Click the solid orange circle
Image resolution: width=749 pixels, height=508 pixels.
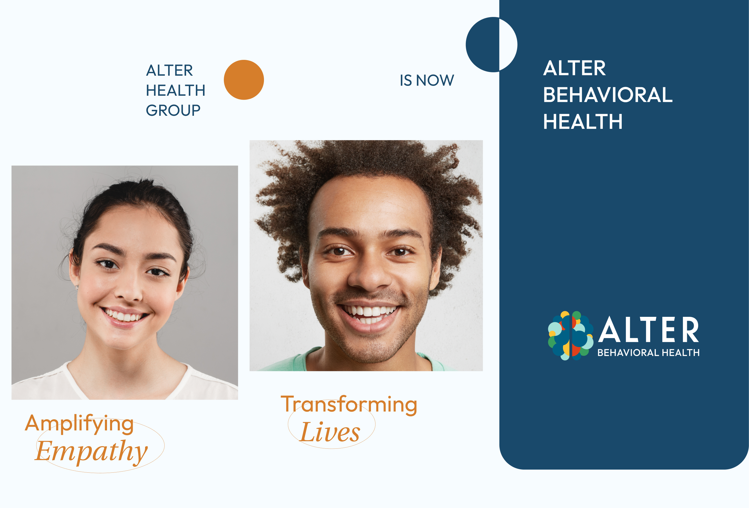click(244, 80)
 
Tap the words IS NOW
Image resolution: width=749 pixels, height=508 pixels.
click(427, 80)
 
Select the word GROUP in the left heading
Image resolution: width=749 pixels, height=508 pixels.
click(173, 110)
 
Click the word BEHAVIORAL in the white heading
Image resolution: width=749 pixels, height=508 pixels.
click(608, 95)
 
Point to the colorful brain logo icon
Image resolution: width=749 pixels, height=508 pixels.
click(571, 335)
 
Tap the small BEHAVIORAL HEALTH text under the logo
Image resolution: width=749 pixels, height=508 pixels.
click(648, 353)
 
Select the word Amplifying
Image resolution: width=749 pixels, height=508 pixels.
click(79, 424)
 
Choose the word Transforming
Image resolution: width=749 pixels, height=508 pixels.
click(349, 405)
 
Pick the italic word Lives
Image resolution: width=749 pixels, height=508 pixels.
click(330, 432)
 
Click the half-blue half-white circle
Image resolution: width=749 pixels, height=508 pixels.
click(492, 45)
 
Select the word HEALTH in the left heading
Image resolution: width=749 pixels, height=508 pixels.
click(176, 90)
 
